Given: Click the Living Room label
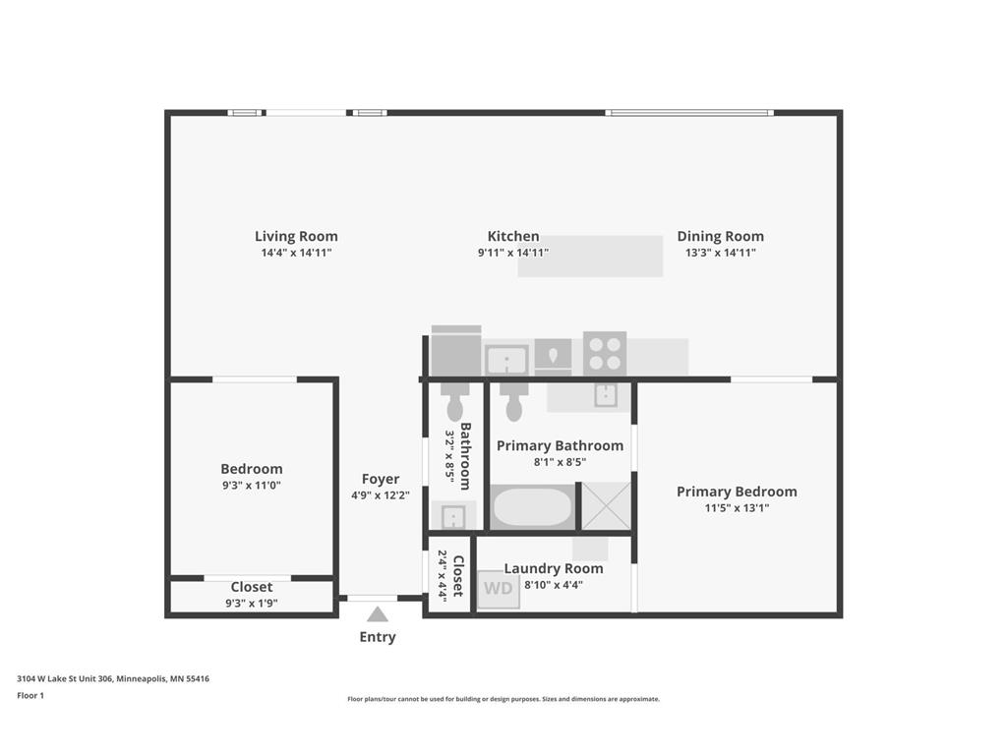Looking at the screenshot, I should (296, 236).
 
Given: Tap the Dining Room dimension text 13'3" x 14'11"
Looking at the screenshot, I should (720, 253).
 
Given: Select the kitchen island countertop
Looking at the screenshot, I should (590, 257).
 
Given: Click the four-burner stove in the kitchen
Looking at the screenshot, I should (605, 353).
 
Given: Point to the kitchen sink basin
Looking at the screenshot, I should (506, 361).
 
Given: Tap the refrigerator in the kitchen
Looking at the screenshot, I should (456, 351).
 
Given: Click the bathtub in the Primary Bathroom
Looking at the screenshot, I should (531, 507).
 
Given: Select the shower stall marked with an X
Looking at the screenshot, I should (606, 506).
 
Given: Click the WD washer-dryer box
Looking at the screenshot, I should (498, 590).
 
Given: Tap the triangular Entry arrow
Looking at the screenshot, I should (378, 614).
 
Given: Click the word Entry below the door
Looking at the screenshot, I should (378, 637).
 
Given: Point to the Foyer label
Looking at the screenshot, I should (381, 479).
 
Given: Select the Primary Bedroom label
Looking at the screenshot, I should (737, 492).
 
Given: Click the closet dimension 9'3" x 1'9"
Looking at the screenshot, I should (252, 604).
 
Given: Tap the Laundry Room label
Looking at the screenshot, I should (554, 568).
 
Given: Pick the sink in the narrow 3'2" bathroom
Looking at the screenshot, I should (453, 516).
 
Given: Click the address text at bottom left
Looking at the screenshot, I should (112, 678).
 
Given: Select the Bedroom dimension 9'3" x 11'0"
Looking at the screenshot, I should (252, 486).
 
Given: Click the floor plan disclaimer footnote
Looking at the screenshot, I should (503, 699).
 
